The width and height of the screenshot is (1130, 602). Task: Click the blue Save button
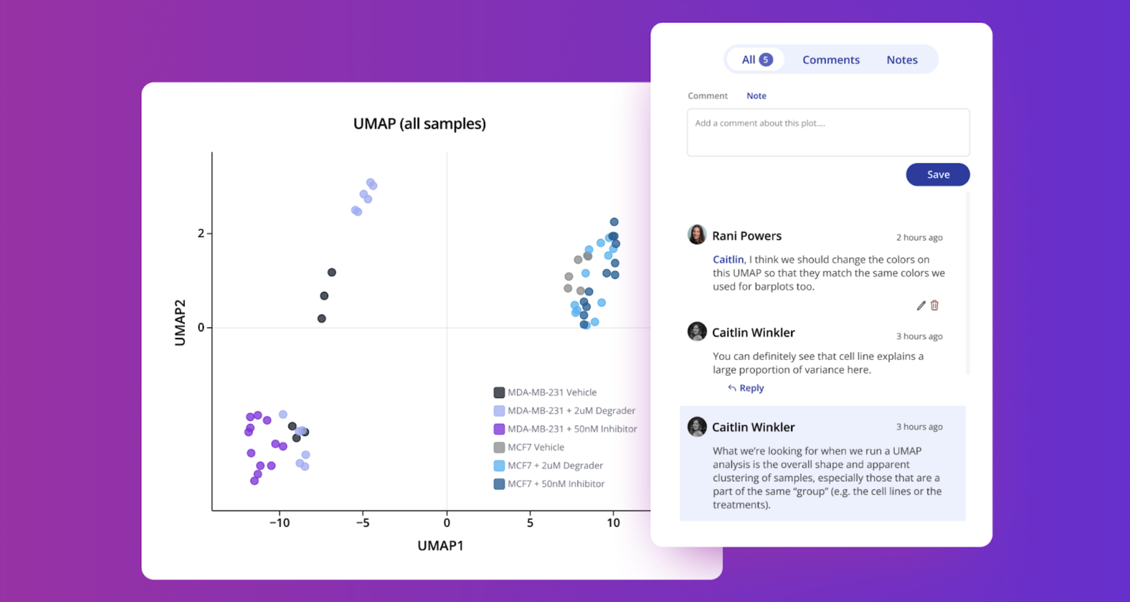click(x=938, y=174)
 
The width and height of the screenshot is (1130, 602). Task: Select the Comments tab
click(x=831, y=60)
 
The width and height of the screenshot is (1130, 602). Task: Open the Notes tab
click(x=902, y=60)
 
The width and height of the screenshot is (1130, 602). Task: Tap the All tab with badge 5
click(x=756, y=60)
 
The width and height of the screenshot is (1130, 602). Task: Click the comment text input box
click(x=828, y=133)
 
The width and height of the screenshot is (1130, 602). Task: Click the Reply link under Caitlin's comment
click(x=746, y=388)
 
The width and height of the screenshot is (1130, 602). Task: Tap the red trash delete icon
click(x=935, y=305)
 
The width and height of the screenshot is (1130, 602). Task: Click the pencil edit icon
click(x=921, y=305)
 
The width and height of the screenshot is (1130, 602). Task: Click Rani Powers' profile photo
click(x=697, y=235)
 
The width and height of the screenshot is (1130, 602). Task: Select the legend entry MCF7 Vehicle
click(x=535, y=447)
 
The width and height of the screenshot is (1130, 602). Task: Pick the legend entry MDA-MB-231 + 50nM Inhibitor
click(x=572, y=429)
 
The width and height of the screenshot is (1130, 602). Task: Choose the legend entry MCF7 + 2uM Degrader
click(x=555, y=465)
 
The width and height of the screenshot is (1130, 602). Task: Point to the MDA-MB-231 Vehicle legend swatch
click(x=499, y=392)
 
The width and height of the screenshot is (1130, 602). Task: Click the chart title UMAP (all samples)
click(x=419, y=123)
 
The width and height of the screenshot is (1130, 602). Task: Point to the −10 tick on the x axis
click(x=279, y=523)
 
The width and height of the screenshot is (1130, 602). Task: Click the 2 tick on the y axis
click(x=201, y=233)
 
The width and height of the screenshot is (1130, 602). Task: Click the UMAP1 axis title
click(x=440, y=545)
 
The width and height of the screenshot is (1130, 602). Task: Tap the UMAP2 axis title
click(x=180, y=322)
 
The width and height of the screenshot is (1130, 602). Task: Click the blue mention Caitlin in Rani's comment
click(x=728, y=259)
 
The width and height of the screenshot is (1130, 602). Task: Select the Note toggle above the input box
click(x=756, y=96)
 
